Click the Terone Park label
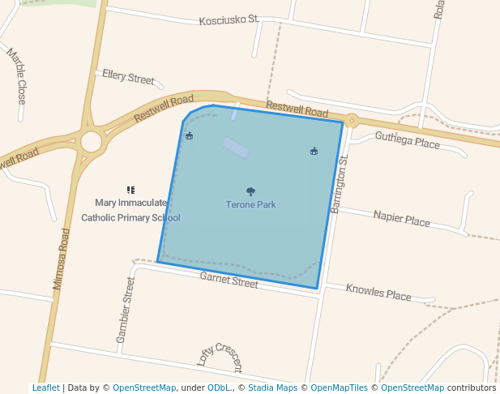pyautogui.click(x=250, y=205)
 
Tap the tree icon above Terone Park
pyautogui.click(x=250, y=192)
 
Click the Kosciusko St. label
pyautogui.click(x=229, y=19)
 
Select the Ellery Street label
pyautogui.click(x=128, y=77)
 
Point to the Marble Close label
pyautogui.click(x=17, y=76)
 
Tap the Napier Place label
pyautogui.click(x=401, y=219)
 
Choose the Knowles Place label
pyautogui.click(x=378, y=293)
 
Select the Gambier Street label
pyautogui.click(x=126, y=310)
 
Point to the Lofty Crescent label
pyautogui.click(x=220, y=357)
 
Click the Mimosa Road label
pyautogui.click(x=62, y=259)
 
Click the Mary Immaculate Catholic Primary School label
pyautogui.click(x=130, y=210)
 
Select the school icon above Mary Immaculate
pyautogui.click(x=130, y=190)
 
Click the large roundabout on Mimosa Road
pyautogui.click(x=91, y=142)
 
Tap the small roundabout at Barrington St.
pyautogui.click(x=351, y=122)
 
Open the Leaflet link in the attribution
pyautogui.click(x=45, y=388)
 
